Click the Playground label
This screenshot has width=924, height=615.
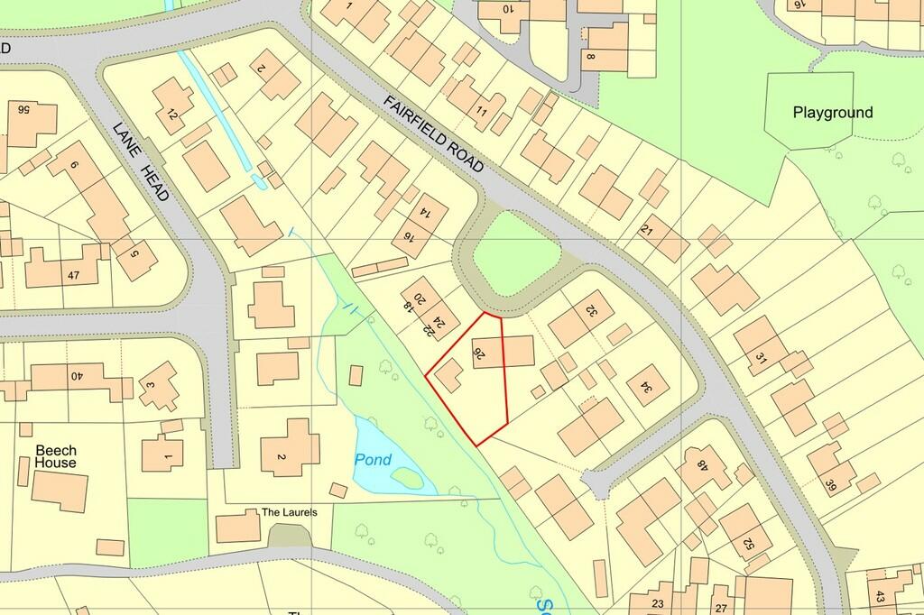[x=832, y=113]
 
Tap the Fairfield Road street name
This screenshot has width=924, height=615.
[x=433, y=134]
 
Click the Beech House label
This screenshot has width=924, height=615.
[x=56, y=456]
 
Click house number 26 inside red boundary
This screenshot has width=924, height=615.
[x=480, y=355]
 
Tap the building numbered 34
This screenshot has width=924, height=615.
[x=645, y=387]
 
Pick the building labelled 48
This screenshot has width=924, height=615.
[x=702, y=467]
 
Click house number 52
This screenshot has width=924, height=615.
[x=747, y=543]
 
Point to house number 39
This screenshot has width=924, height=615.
[x=831, y=487]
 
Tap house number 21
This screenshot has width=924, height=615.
[x=646, y=230]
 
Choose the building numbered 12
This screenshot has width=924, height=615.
[x=171, y=115]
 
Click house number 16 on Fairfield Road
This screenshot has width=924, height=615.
[x=408, y=239]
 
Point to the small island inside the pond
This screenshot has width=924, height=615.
[x=408, y=478]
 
